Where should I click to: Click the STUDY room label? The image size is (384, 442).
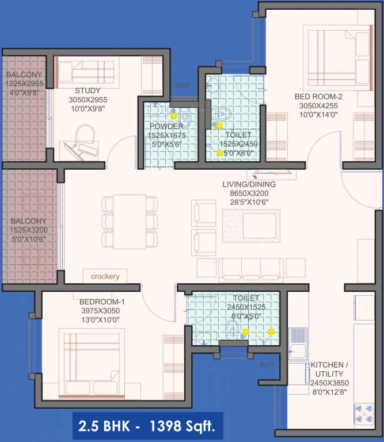tap(88, 90)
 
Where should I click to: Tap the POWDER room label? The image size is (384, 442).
tap(166, 126)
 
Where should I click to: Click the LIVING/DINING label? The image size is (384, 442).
tap(250, 185)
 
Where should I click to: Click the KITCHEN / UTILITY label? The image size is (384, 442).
tap(329, 369)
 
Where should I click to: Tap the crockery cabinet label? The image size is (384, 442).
tap(105, 277)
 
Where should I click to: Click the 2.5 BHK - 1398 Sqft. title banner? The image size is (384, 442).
tap(148, 426)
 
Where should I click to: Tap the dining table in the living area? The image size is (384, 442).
tap(130, 221)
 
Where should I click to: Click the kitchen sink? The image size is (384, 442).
tap(299, 343)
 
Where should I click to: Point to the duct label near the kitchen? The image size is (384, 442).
tap(267, 364)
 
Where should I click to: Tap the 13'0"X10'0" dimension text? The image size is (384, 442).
tap(99, 319)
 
